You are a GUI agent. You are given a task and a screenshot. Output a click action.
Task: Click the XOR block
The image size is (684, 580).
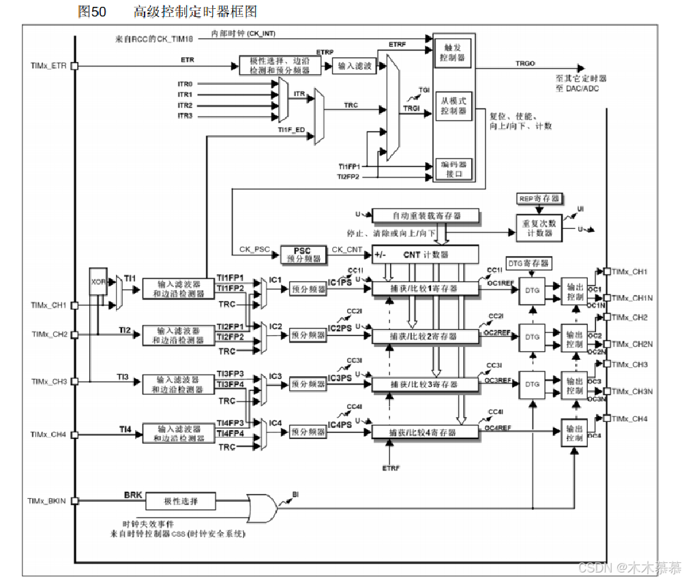98,281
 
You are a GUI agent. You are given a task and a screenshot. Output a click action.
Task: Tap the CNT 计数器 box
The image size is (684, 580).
425,254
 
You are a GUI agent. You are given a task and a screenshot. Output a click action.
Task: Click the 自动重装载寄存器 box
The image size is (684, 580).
426,216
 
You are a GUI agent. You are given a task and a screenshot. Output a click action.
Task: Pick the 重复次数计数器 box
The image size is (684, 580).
539,228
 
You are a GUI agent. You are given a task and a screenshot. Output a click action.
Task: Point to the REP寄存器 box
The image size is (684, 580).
539,198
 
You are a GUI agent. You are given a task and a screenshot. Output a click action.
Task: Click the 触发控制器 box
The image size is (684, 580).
453,53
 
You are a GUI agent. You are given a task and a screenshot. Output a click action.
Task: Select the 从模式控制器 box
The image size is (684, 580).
453,106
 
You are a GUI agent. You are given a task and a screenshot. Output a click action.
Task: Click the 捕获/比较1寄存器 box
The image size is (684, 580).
423,288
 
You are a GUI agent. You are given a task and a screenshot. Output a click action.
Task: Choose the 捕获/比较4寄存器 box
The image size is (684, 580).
423,432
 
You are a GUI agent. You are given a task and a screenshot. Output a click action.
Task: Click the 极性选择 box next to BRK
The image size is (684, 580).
180,502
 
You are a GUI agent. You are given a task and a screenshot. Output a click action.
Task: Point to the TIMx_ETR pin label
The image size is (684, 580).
48,66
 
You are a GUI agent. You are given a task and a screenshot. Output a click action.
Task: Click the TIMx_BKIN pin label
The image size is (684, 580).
47,502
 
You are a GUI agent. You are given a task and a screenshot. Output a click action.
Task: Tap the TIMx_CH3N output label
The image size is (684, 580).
633,392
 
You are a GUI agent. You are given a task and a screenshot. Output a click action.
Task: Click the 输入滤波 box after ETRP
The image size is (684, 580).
355,66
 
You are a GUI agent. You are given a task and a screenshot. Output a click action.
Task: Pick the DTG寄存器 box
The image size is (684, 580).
528,263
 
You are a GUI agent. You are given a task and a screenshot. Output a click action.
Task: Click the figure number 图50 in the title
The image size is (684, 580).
92,12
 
